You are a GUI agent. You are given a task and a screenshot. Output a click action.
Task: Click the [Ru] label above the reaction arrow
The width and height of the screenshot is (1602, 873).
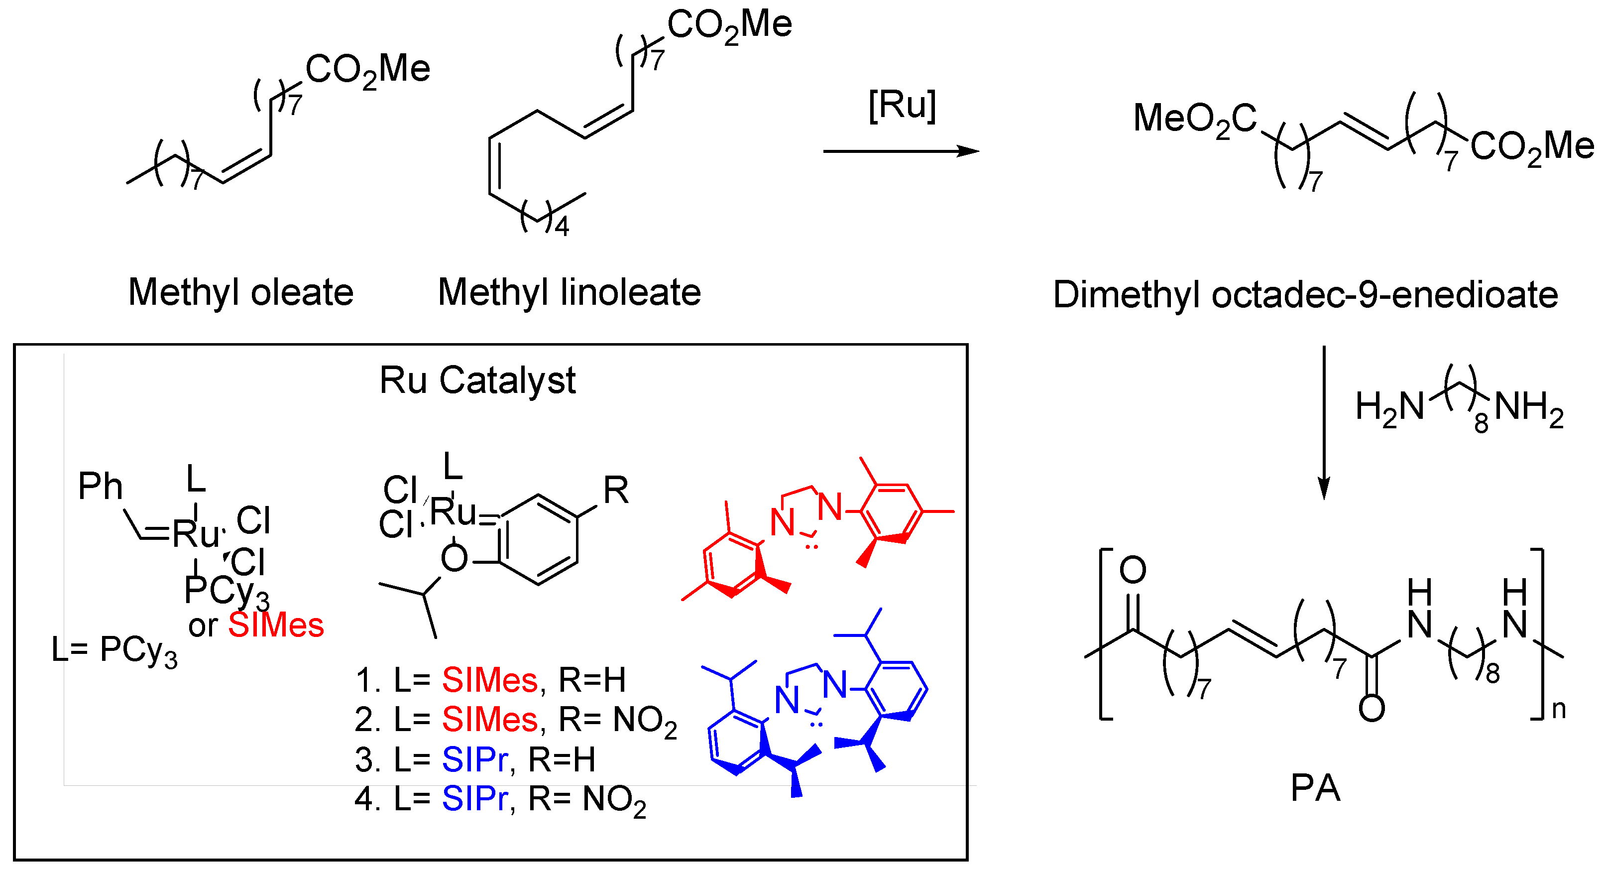902,106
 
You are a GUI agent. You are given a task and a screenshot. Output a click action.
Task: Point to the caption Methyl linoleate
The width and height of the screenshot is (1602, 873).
569,292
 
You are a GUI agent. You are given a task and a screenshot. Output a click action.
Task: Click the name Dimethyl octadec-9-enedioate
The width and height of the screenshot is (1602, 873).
1305,294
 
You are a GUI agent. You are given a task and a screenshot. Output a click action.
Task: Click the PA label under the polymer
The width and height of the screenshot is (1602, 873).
1315,788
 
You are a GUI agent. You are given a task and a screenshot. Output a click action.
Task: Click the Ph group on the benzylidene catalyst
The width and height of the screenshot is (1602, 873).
100,487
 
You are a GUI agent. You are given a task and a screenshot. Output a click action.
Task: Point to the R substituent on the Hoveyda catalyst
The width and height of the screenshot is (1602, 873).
616,491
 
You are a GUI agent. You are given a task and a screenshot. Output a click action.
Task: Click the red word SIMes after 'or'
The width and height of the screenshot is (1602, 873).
276,624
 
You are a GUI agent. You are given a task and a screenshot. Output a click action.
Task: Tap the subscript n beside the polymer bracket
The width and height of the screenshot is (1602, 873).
1559,709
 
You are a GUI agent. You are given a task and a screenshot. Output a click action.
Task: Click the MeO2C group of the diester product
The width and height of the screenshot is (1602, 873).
1195,119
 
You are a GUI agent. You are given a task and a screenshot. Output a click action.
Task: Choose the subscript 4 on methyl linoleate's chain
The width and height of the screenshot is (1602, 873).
562,227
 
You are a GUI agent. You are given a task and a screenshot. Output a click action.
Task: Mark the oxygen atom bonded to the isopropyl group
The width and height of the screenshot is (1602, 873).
454,558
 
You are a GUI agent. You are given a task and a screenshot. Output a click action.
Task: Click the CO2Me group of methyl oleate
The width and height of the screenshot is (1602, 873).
367,70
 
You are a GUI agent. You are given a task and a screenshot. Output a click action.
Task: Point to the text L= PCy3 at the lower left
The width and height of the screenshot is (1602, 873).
114,650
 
